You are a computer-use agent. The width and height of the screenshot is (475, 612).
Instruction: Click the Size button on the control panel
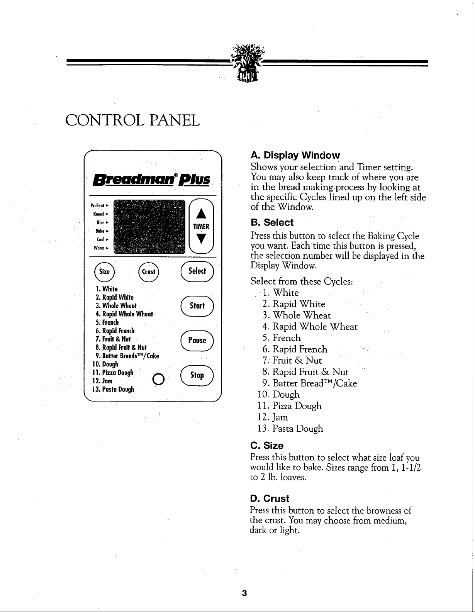pyautogui.click(x=104, y=272)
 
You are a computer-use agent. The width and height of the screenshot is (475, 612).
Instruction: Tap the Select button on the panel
pyautogui.click(x=197, y=271)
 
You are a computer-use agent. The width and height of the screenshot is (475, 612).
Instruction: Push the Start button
pyautogui.click(x=197, y=306)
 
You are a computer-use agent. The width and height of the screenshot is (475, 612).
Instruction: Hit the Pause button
pyautogui.click(x=197, y=341)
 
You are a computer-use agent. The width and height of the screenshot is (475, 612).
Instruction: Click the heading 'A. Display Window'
pyautogui.click(x=295, y=156)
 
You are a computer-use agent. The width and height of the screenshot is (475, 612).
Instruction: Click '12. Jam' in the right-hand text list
pyautogui.click(x=273, y=417)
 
